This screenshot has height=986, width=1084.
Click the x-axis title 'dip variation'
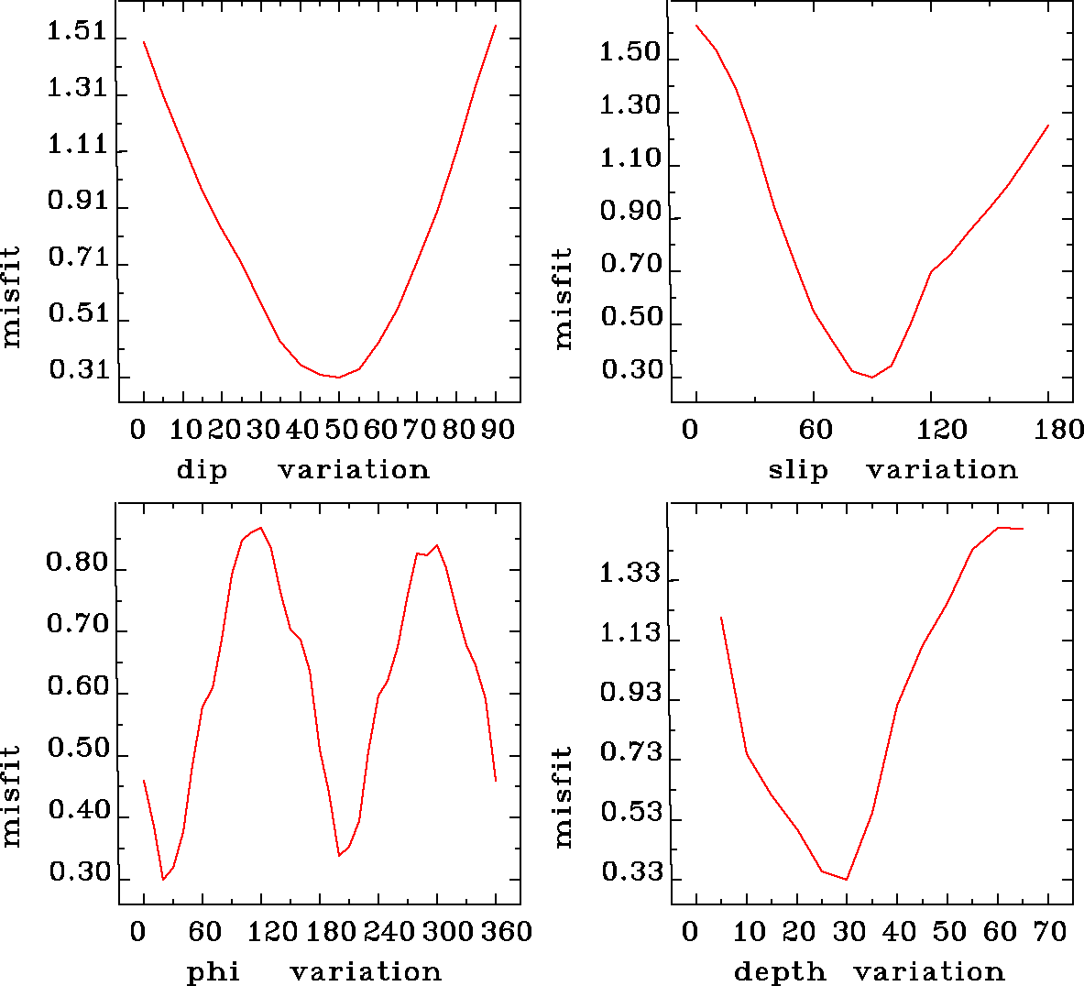tap(302, 470)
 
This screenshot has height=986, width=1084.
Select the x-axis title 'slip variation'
tap(892, 470)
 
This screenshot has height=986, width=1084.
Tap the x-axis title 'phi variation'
tap(313, 971)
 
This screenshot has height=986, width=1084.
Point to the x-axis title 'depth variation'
tap(869, 971)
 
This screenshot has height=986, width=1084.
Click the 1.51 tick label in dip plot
tap(76, 32)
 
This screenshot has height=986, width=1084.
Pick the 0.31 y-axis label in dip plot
tap(78, 372)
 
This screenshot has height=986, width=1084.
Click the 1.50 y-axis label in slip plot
tap(630, 52)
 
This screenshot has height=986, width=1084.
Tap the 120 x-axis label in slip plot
tap(943, 429)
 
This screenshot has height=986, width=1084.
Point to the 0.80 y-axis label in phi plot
tap(78, 563)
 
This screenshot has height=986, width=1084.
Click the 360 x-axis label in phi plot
tap(501, 932)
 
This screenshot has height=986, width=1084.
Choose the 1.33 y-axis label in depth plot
tap(630, 574)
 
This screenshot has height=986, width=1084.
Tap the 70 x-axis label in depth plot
tap(1052, 932)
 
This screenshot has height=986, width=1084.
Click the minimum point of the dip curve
tap(338, 377)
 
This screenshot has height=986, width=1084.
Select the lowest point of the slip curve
tap(872, 377)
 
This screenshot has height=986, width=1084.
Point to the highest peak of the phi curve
tap(261, 527)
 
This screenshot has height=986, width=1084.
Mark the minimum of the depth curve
tap(847, 880)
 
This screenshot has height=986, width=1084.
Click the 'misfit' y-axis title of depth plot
tap(563, 796)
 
